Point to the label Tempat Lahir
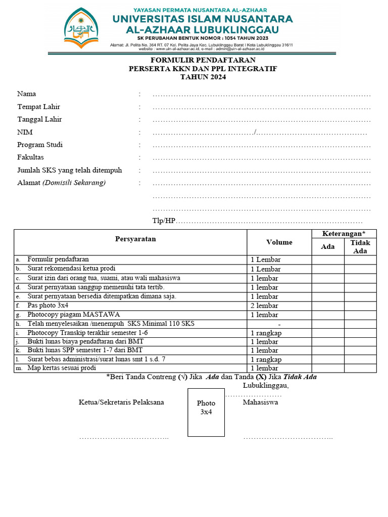click(x=39, y=107)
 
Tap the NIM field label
click(x=24, y=132)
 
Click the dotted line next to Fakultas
click(x=262, y=158)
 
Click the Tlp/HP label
click(x=163, y=221)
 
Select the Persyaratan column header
click(x=135, y=239)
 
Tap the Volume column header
click(x=279, y=242)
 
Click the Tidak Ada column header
click(x=360, y=246)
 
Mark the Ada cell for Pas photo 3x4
click(x=328, y=305)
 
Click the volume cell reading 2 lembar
click(x=264, y=305)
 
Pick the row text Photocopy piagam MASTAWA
click(x=74, y=315)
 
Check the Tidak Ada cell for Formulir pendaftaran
click(x=360, y=260)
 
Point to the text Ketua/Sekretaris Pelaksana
click(x=121, y=402)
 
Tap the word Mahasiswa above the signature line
click(x=260, y=402)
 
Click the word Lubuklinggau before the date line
click(x=265, y=386)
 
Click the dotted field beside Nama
click(x=262, y=94)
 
